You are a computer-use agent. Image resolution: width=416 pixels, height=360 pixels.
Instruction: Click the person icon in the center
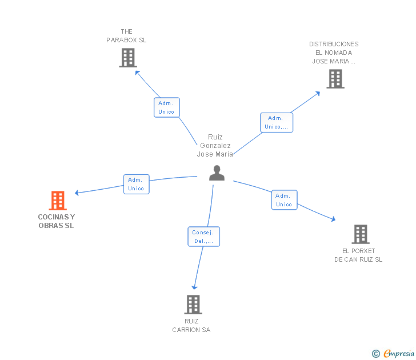[217, 173]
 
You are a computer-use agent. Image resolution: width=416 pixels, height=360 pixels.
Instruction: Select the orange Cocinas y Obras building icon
[57, 201]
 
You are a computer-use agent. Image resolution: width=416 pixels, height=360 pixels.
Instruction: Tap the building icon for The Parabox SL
[128, 58]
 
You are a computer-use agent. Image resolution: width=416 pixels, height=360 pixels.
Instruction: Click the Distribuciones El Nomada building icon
[335, 79]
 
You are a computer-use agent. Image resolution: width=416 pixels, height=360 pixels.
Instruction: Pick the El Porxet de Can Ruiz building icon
[360, 234]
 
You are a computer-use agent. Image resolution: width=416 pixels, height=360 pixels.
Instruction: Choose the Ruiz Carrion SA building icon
[193, 304]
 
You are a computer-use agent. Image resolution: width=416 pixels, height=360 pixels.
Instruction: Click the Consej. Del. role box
[203, 237]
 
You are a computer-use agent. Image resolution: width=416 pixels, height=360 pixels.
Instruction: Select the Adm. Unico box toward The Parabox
[167, 107]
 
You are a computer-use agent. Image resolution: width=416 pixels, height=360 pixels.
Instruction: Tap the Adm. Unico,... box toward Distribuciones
[277, 122]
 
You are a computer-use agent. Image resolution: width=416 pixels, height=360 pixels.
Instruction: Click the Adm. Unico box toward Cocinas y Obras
[137, 184]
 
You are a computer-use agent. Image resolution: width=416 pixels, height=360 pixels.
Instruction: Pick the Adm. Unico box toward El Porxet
[284, 200]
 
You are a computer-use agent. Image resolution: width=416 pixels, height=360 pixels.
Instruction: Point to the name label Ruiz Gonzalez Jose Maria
[215, 146]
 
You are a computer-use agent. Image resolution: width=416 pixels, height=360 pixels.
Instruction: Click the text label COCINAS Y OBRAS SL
[57, 221]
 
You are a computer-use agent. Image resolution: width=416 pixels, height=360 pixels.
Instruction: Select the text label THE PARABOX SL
[127, 36]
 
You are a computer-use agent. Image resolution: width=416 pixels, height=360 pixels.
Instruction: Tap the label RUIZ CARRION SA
[192, 326]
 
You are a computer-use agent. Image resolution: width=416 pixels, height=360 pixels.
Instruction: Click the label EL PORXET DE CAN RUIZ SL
[358, 255]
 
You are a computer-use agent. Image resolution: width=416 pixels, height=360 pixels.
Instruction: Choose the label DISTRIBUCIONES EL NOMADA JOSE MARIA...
[334, 53]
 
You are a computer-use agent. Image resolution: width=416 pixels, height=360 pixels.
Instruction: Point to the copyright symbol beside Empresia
[375, 354]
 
